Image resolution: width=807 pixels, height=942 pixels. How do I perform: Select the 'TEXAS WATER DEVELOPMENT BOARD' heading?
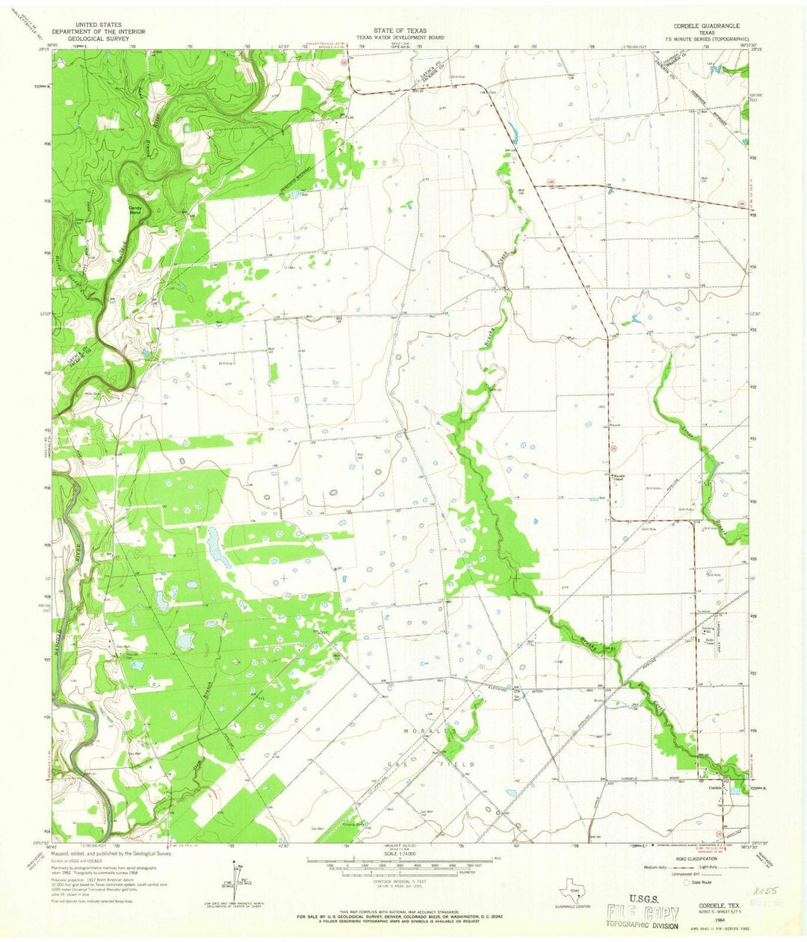point(400,37)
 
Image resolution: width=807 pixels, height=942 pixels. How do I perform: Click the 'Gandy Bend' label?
point(135,211)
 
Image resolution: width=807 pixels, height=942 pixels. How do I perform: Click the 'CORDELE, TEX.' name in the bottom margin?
point(708,902)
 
